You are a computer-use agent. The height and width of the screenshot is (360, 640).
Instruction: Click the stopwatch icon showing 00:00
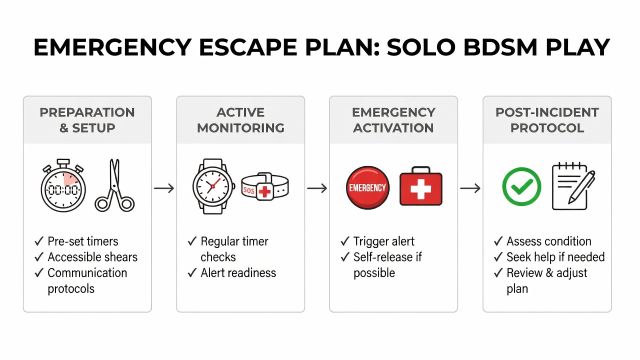click(63, 187)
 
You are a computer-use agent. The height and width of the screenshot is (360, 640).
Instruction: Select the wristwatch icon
click(213, 186)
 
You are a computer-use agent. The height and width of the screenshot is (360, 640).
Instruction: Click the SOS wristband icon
click(264, 186)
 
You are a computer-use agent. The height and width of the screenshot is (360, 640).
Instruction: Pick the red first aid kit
click(421, 186)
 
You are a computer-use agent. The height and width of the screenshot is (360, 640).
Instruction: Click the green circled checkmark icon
click(521, 186)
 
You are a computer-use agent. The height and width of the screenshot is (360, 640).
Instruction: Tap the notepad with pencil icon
click(573, 186)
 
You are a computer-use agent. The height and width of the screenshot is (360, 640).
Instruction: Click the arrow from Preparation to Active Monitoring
click(164, 188)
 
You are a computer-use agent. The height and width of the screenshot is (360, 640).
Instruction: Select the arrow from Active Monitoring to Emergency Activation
click(317, 188)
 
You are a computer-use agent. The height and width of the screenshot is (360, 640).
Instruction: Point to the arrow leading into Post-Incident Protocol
click(470, 188)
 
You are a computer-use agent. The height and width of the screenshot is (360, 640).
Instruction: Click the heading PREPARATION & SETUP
click(87, 120)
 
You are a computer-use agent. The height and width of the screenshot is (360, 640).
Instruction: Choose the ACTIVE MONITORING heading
click(240, 120)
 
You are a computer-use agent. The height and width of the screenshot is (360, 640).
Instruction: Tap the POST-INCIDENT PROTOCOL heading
click(547, 120)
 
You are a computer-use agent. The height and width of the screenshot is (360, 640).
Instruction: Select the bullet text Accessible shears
click(92, 257)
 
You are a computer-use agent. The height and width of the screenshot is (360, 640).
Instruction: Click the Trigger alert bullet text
click(383, 241)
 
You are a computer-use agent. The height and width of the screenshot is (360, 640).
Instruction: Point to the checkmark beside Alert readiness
click(192, 273)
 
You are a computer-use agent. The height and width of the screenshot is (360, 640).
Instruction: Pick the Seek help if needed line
click(555, 257)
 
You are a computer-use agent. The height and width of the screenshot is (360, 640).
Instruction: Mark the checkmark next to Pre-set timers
click(39, 241)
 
